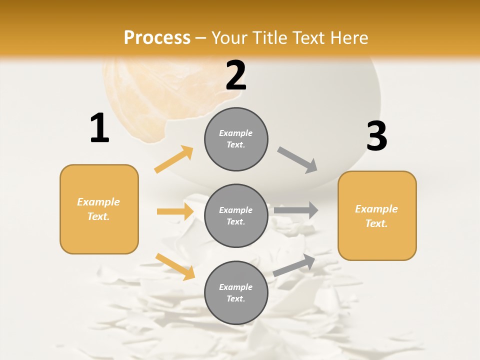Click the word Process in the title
[157, 38]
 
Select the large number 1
[99, 128]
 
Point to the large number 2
[236, 75]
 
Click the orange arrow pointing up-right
[174, 159]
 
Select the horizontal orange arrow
[175, 211]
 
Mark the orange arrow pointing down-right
[175, 266]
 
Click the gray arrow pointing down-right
[297, 160]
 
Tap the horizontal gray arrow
[296, 210]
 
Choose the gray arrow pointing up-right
[294, 265]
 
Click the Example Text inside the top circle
[236, 139]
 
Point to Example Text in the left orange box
[98, 209]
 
